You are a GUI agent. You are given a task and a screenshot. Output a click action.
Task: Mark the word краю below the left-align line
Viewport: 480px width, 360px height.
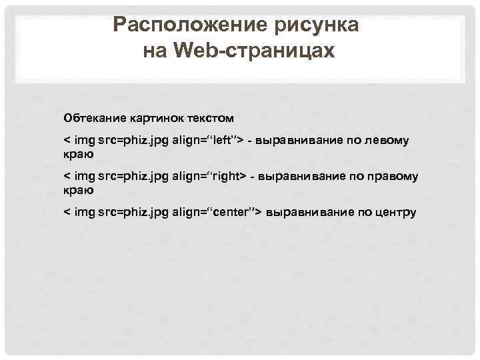tap(79, 154)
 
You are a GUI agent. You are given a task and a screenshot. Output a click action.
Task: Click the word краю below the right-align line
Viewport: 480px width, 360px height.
tap(79, 190)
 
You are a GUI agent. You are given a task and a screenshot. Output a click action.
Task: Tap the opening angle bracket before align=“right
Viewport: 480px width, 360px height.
tap(66, 177)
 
